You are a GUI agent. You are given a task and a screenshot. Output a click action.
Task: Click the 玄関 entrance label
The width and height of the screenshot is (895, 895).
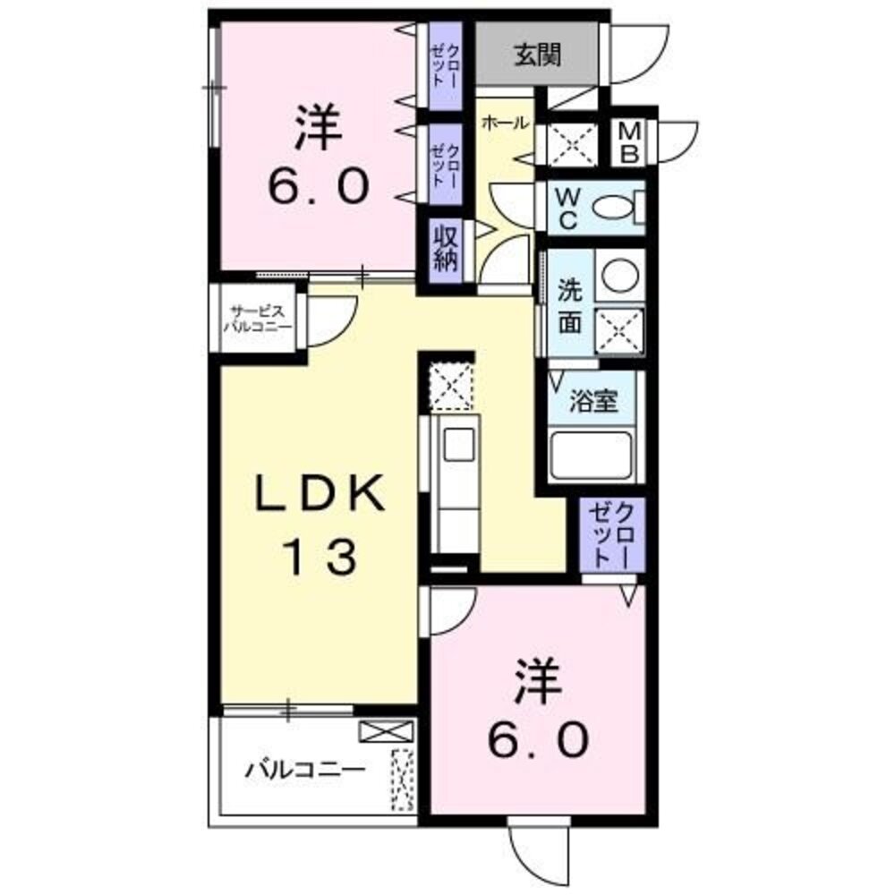coord(537,56)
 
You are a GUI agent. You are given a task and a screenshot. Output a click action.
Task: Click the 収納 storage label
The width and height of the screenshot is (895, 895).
coord(446,248)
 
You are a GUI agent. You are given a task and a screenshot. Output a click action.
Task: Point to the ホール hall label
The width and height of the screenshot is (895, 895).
coord(506,124)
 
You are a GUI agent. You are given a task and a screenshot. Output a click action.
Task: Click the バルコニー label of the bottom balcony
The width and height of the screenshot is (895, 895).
coord(305,769)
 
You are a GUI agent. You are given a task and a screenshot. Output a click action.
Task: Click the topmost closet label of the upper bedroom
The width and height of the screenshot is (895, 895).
coord(445,64)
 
